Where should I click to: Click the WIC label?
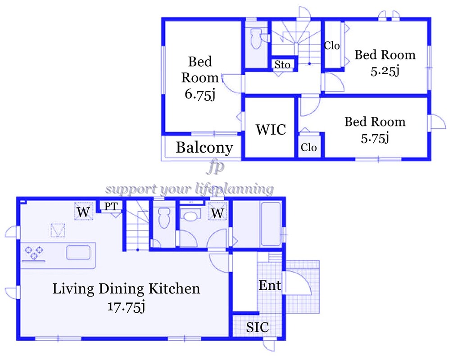pyautogui.click(x=271, y=130)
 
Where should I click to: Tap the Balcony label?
pyautogui.click(x=204, y=148)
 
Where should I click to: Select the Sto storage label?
pyautogui.click(x=282, y=65)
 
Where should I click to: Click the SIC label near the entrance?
pyautogui.click(x=258, y=327)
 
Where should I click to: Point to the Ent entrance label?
pyautogui.click(x=270, y=285)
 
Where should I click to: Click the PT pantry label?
pyautogui.click(x=111, y=207)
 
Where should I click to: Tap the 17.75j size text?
pyautogui.click(x=126, y=306)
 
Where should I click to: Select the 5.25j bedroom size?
pyautogui.click(x=385, y=71)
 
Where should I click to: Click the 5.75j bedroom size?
pyautogui.click(x=375, y=138)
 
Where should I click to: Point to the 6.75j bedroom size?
pyautogui.click(x=200, y=94)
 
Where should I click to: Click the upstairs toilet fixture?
pyautogui.click(x=256, y=38)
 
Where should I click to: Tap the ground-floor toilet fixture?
pyautogui.click(x=164, y=217)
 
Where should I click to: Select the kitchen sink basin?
pyautogui.click(x=78, y=252)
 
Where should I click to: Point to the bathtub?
pyautogui.click(x=271, y=224)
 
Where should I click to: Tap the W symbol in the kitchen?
pyautogui.click(x=83, y=212)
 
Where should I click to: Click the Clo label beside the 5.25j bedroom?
pyautogui.click(x=332, y=45)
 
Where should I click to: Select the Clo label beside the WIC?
pyautogui.click(x=308, y=147)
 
